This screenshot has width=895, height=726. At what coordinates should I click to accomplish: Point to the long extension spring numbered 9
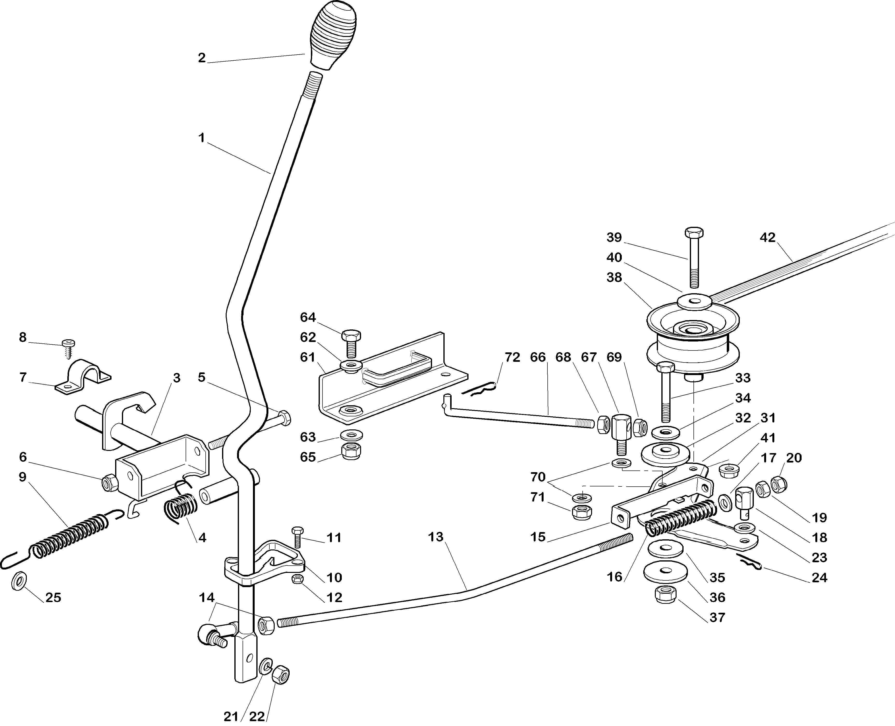69,540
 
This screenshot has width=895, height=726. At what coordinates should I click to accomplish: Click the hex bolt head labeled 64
351,335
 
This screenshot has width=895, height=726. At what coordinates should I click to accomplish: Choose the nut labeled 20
778,484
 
